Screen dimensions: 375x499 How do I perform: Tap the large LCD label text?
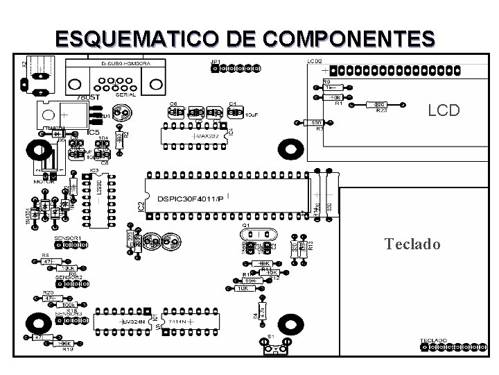(443, 110)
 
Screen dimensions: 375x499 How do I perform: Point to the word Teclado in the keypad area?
(412, 244)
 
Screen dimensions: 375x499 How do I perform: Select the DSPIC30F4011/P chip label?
(191, 199)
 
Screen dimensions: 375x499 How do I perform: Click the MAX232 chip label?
(207, 137)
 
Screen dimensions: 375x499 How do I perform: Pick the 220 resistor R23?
(380, 104)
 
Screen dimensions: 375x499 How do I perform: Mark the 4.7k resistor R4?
(262, 310)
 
